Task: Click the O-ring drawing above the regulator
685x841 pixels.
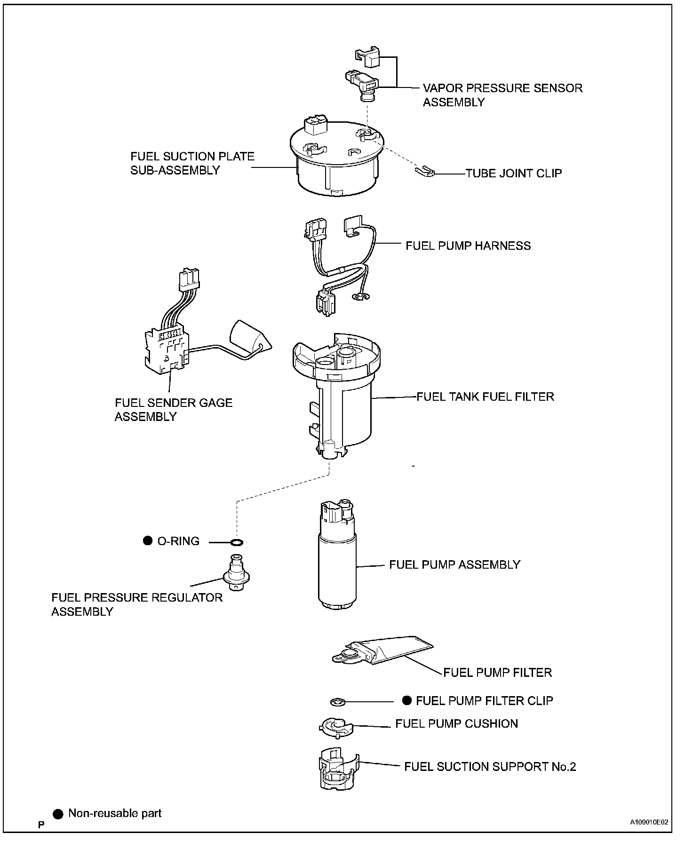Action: coord(237,543)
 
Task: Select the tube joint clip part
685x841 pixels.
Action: coord(425,171)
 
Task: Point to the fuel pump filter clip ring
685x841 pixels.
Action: coord(338,702)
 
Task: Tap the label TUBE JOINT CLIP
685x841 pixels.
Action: coord(514,174)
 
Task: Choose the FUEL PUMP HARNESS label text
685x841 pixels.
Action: coord(468,246)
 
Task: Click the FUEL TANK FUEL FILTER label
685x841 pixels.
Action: coord(486,397)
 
